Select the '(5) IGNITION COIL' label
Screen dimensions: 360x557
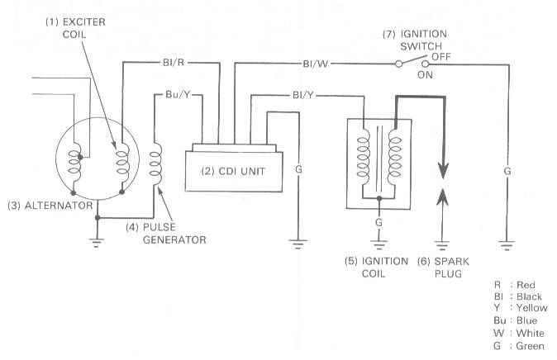(378, 267)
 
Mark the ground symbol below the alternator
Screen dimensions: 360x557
(98, 242)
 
